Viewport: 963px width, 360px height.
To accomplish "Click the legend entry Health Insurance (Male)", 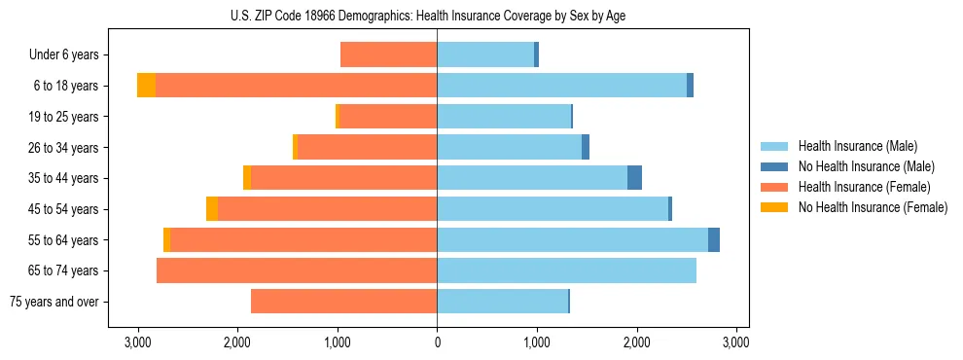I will (x=857, y=147).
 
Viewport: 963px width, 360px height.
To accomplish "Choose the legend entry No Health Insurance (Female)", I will (x=873, y=207).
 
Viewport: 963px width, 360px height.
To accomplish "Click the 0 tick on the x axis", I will (x=437, y=342).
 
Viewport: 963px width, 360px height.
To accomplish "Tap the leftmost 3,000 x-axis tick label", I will (x=138, y=342).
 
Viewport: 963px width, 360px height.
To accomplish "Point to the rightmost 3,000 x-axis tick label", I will (x=735, y=342).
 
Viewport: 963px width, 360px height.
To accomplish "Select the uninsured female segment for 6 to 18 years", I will (x=146, y=86).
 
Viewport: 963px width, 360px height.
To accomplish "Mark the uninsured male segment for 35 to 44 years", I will (x=634, y=178).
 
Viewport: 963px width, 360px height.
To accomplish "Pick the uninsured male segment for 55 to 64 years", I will (x=714, y=239).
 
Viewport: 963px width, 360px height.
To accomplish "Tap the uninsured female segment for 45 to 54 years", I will (x=212, y=209).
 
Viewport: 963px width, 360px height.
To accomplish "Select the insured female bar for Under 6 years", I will (x=388, y=55).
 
